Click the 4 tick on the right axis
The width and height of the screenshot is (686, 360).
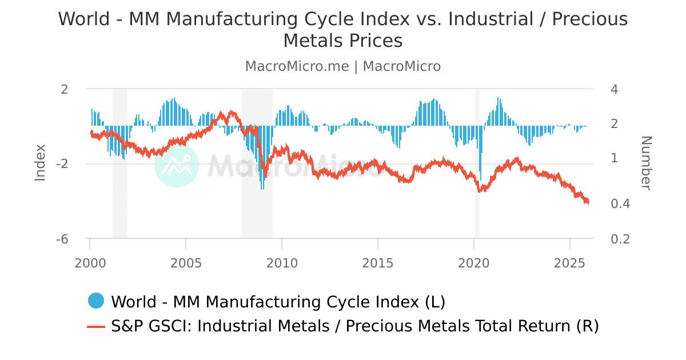point(615,89)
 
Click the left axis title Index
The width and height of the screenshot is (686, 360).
point(40,163)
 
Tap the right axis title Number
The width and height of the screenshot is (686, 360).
point(645,163)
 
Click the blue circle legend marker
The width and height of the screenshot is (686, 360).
point(96,301)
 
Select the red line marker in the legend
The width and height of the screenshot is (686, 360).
point(96,327)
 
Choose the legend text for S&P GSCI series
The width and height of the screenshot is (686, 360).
point(354,326)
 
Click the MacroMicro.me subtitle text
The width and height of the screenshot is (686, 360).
point(297,66)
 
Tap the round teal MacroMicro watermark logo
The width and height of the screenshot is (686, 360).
point(177,165)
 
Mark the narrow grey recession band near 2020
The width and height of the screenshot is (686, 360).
point(477,163)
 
